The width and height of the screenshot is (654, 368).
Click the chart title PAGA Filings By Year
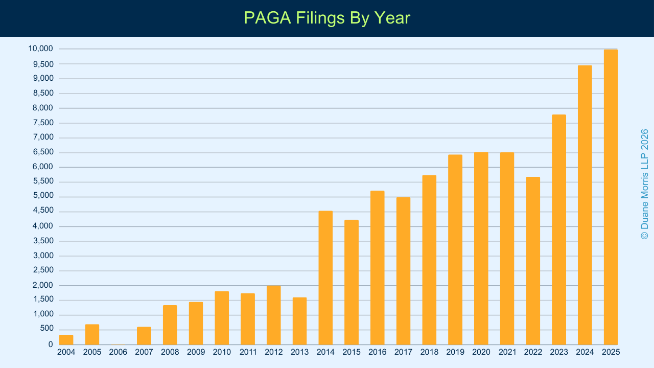tap(327, 18)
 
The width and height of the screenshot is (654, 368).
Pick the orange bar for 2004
tap(66, 339)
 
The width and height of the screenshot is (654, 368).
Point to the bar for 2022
tap(533, 261)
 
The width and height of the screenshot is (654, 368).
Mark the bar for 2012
tap(273, 315)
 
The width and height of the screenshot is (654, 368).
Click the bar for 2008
tap(170, 325)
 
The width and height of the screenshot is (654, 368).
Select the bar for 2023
tap(559, 229)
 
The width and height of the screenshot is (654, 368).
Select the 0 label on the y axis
tap(51, 344)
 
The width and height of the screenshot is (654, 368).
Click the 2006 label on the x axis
tap(118, 352)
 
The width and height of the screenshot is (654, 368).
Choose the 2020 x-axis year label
tap(481, 352)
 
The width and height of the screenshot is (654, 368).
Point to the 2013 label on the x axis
tap(299, 352)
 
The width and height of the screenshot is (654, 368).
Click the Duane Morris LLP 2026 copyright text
tap(644, 184)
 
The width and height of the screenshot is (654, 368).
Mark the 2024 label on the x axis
tap(585, 352)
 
